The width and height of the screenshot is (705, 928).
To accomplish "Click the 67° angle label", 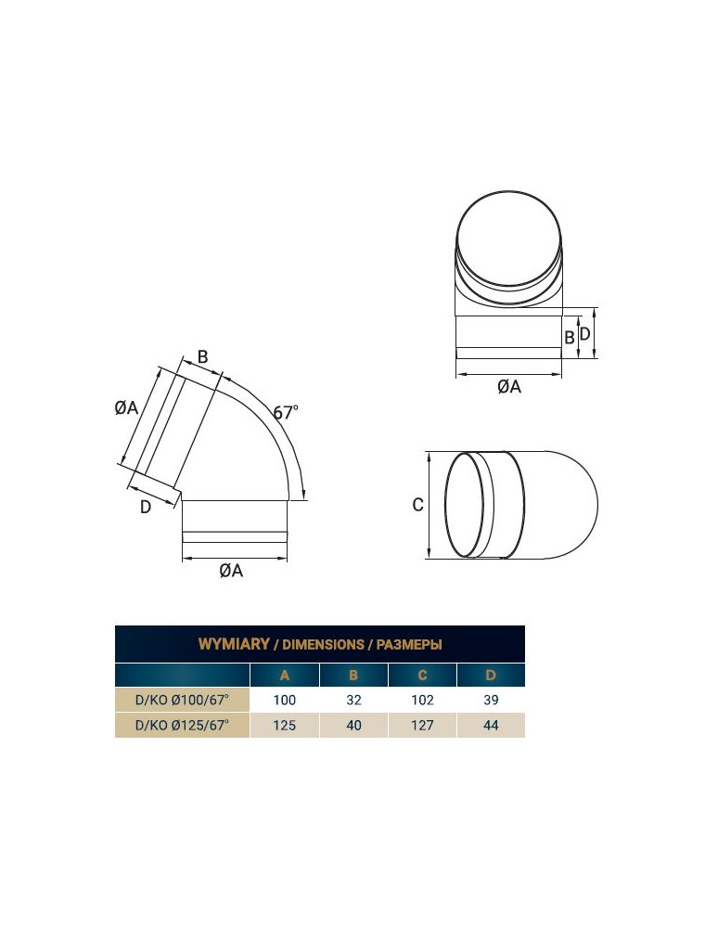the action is click(x=286, y=411).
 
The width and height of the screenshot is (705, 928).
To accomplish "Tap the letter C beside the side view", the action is click(x=417, y=505).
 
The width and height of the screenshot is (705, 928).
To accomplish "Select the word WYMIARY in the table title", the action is click(x=234, y=644).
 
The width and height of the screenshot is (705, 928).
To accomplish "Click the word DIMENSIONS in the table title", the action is click(x=323, y=645).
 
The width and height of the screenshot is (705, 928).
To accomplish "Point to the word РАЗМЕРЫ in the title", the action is click(x=409, y=645).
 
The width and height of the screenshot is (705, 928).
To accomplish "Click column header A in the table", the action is click(x=285, y=676).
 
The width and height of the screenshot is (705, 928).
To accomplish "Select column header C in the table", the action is click(x=422, y=676).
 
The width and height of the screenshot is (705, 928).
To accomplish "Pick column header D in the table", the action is click(x=491, y=676).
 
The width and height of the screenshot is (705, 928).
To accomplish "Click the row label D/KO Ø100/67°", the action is click(x=182, y=700).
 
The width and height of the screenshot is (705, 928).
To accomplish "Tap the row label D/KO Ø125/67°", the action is click(x=182, y=725).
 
